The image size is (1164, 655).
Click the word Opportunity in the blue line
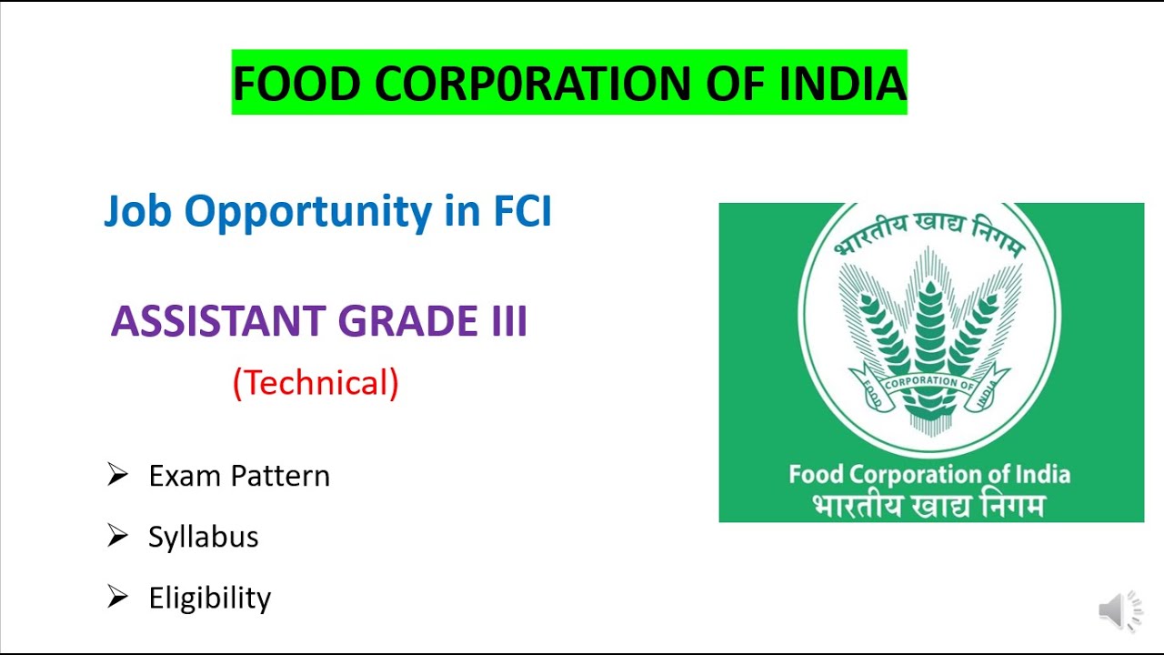tap(308, 212)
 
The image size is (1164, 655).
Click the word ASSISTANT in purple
tap(217, 322)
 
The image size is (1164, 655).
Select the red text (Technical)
tap(316, 383)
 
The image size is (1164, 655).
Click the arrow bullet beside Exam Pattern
tap(117, 474)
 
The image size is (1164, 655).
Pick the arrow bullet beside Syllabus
tap(117, 536)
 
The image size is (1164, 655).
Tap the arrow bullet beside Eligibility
tap(117, 597)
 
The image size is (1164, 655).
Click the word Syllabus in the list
tap(204, 538)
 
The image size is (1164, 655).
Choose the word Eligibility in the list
tap(210, 599)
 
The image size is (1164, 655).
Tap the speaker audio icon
tap(1120, 610)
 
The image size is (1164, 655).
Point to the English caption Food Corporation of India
tap(928, 474)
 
